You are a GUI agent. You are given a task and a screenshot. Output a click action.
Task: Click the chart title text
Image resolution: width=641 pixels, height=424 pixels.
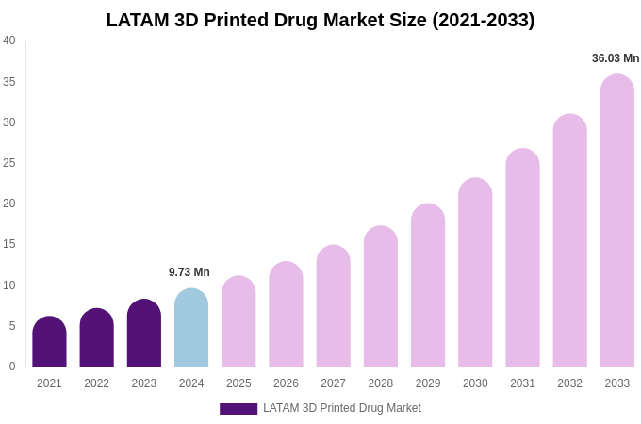point(320,20)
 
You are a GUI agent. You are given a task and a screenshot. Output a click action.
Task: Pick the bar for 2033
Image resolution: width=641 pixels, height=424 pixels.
point(617,221)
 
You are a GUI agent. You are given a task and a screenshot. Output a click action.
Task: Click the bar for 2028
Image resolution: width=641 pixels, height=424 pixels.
point(381,297)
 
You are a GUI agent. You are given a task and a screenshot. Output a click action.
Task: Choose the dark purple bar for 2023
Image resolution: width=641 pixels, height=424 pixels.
point(144,334)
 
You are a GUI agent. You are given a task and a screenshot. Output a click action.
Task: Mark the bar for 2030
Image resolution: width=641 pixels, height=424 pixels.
point(475,273)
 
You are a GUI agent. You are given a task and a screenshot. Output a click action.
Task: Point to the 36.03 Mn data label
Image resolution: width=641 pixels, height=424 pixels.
point(616,58)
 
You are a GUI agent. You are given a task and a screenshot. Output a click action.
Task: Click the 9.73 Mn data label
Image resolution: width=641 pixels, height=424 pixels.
point(189,272)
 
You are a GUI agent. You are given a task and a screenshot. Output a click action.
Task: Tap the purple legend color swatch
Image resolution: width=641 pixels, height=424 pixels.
point(238,409)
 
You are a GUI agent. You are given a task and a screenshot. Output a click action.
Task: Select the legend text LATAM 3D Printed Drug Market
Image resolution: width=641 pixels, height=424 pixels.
point(342,408)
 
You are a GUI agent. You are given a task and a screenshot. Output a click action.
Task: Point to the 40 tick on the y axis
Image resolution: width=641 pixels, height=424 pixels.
point(9,41)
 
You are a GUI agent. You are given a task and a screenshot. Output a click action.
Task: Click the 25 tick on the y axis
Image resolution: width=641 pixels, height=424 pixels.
point(9,163)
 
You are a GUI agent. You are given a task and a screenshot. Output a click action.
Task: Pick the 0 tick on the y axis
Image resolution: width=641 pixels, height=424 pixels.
point(12,367)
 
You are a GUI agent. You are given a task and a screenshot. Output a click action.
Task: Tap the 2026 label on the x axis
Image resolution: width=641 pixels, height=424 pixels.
point(286,383)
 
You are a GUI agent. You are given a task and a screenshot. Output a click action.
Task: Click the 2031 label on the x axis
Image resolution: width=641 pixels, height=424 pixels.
point(522,383)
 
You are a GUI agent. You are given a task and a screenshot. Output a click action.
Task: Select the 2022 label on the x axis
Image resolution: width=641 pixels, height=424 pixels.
point(96,383)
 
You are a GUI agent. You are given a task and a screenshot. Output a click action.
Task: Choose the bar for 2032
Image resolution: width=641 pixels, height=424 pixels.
point(569,241)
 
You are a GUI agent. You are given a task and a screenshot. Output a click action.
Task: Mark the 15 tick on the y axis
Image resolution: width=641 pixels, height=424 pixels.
point(9,244)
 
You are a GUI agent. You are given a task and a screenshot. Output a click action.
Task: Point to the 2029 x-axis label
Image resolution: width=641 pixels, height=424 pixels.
point(428,383)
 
